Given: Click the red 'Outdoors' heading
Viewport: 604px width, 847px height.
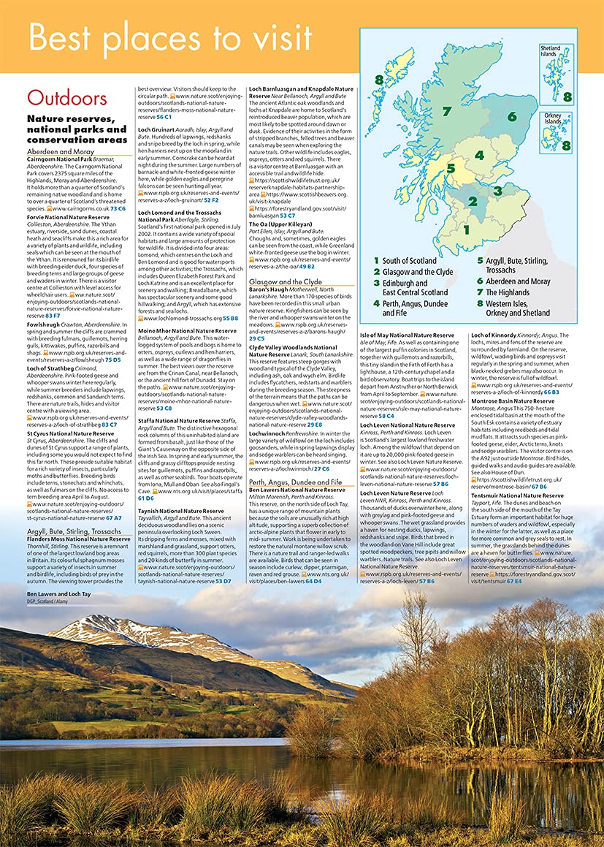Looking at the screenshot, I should [x=67, y=98].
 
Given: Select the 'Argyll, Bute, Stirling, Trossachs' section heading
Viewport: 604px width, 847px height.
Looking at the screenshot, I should [x=74, y=531].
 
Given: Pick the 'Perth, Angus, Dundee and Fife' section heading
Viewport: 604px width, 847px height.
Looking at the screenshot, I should [x=295, y=482].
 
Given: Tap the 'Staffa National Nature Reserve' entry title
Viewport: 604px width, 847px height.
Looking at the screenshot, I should [x=179, y=420].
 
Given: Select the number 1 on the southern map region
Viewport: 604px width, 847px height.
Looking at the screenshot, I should [x=466, y=229].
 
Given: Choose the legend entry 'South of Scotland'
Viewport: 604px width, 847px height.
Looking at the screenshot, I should [x=409, y=261].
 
